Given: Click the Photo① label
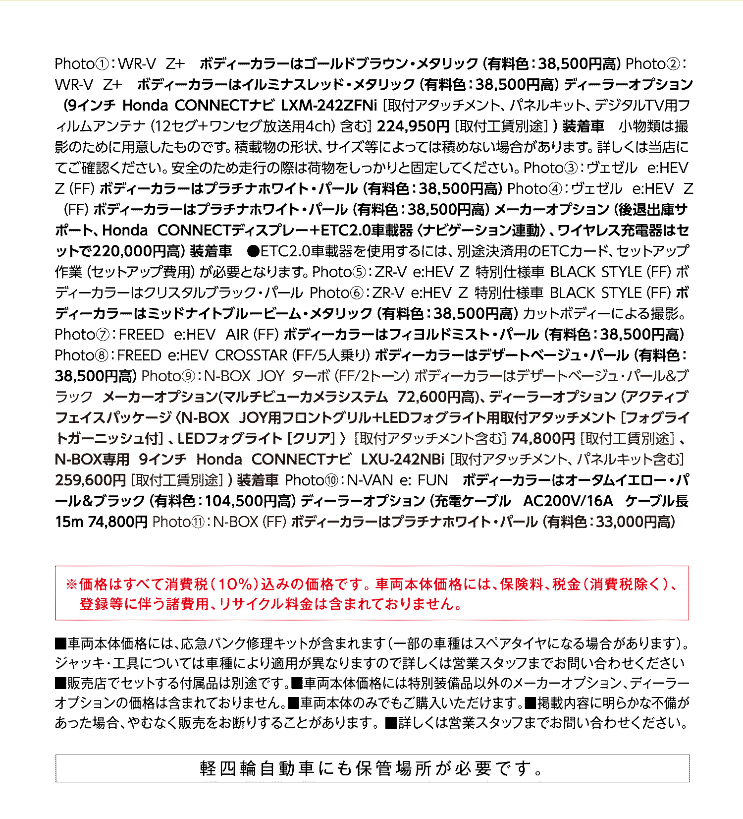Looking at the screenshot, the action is (82, 64).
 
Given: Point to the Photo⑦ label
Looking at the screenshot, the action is (82, 335).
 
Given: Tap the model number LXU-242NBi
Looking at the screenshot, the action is (402, 460).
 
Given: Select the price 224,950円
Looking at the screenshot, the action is (413, 126).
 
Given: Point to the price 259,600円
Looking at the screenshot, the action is (91, 480).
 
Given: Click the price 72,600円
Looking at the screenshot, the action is (429, 397).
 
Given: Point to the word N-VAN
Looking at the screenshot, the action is (370, 480).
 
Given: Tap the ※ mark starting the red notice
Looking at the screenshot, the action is (72, 585).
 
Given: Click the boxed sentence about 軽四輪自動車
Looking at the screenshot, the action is (372, 768).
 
